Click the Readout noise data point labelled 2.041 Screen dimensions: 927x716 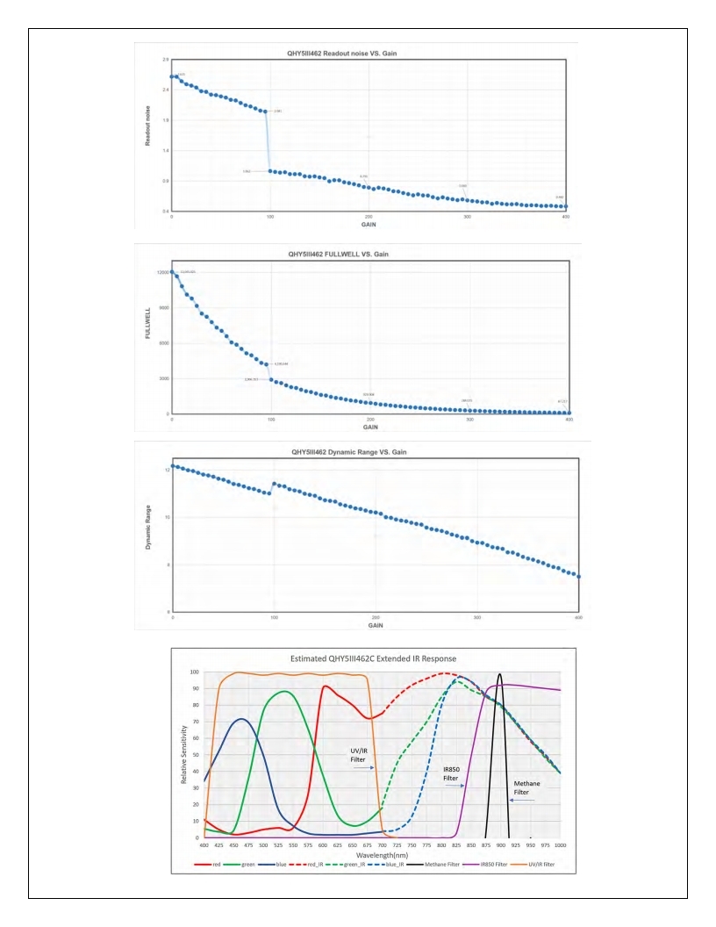coord(264,111)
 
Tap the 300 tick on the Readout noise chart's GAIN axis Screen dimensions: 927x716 coord(468,217)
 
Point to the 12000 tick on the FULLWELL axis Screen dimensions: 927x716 coord(161,272)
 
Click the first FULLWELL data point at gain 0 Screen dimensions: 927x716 coord(172,271)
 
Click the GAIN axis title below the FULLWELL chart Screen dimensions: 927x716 coord(370,428)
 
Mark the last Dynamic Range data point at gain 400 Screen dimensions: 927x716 coord(579,577)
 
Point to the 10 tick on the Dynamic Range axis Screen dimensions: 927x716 coord(166,518)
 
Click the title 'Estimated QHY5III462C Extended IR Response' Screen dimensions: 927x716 coord(379,658)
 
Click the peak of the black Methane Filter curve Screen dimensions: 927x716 coord(499,674)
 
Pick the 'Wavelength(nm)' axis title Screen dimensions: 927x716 coord(381,853)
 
